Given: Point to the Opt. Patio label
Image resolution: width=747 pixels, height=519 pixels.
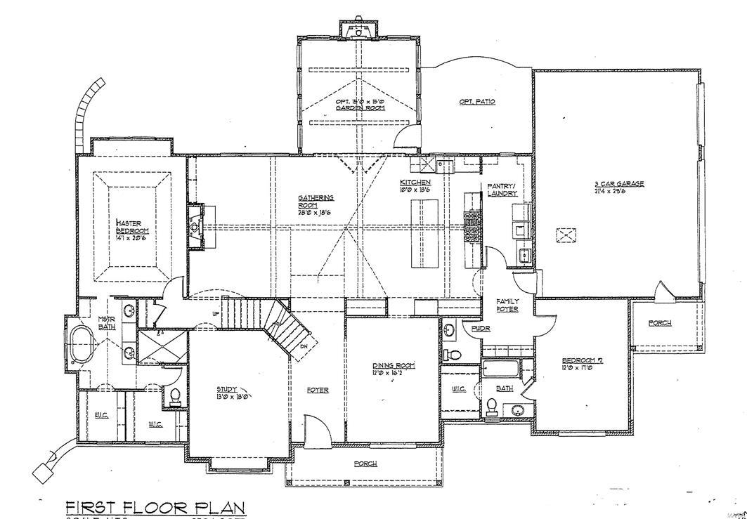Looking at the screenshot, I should [x=477, y=102].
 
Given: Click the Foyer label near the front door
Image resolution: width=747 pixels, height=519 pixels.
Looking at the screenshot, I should [x=318, y=390].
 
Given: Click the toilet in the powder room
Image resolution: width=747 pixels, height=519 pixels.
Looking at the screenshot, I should [x=453, y=353].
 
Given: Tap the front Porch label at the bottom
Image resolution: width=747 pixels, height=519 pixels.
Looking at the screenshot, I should [x=365, y=464].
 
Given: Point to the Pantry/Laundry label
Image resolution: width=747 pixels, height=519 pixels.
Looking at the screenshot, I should [x=502, y=190].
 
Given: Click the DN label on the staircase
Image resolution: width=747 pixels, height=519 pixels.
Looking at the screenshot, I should [x=304, y=347].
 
